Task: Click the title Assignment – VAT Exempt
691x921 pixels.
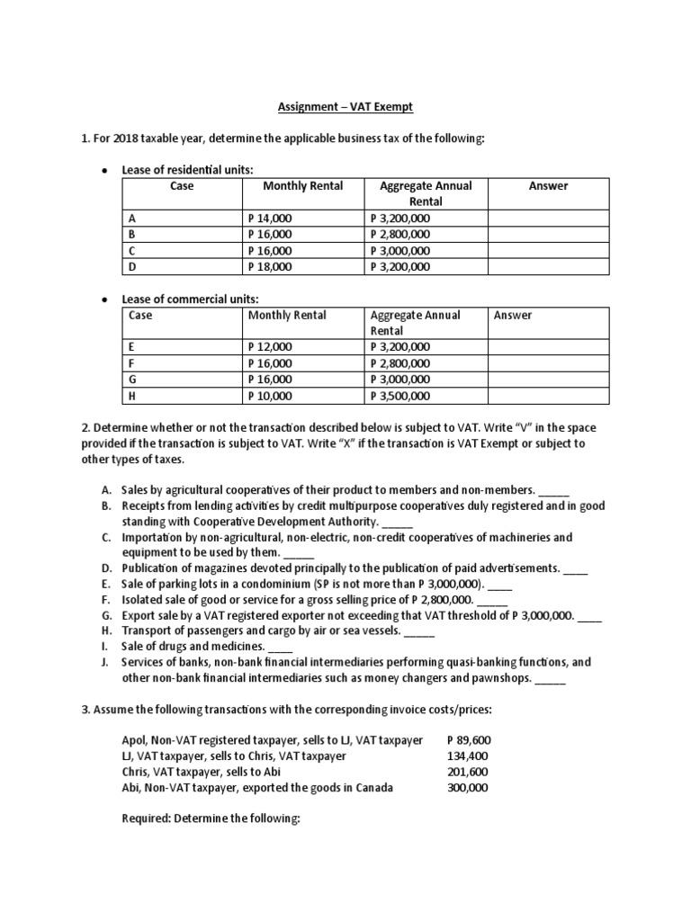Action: (345, 108)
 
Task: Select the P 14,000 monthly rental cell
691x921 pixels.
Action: (269, 219)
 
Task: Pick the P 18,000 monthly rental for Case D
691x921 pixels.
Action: (269, 267)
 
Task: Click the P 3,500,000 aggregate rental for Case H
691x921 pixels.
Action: (400, 396)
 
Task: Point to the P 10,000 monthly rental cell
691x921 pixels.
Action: (269, 396)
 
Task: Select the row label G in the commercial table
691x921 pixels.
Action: (133, 380)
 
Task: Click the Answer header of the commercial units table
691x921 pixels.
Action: (512, 316)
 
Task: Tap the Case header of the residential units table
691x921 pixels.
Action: (182, 186)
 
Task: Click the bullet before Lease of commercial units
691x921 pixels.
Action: (105, 299)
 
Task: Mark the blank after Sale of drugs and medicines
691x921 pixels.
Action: (281, 647)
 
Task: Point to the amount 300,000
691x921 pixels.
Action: (468, 787)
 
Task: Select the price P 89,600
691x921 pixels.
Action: (469, 740)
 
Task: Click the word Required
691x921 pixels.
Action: (148, 819)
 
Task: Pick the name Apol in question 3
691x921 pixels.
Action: (134, 740)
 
